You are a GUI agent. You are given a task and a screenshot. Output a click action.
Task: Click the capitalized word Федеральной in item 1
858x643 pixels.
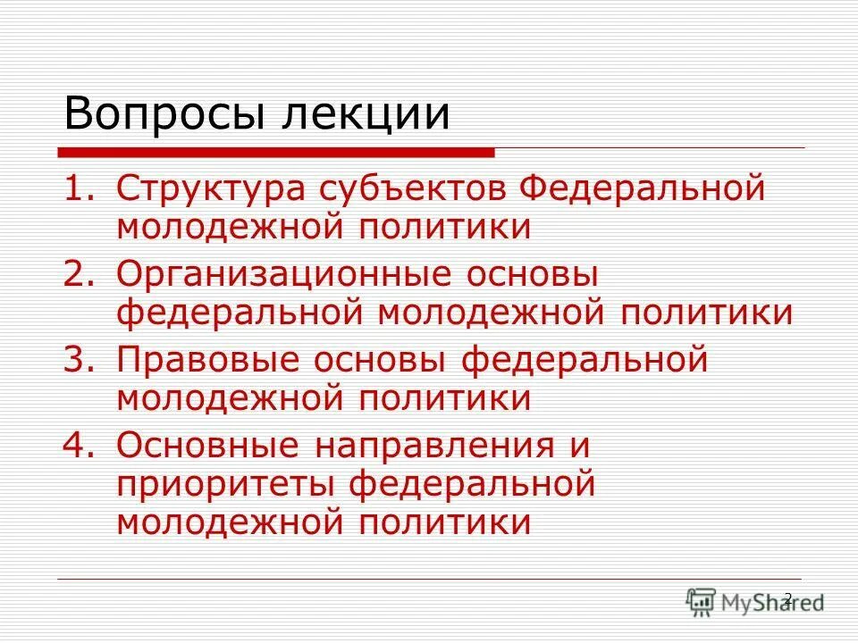click(643, 190)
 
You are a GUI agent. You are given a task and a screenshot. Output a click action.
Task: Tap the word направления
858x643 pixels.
click(432, 445)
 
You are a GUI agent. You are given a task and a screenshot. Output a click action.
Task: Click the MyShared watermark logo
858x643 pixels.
click(755, 601)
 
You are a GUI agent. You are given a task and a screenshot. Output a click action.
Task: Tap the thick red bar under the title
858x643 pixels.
click(278, 153)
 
